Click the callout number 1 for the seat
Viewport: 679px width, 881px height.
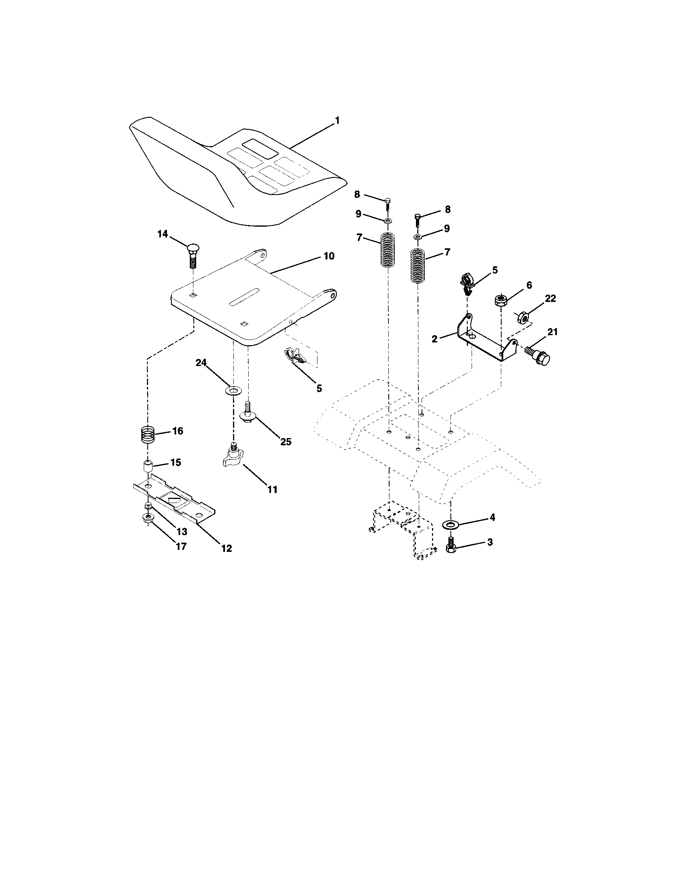337,121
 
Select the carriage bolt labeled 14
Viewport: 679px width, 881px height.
193,254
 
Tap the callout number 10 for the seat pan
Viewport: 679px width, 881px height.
329,256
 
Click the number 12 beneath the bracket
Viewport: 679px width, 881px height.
227,548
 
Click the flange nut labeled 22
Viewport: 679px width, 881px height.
523,318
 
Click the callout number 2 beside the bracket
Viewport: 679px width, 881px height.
434,339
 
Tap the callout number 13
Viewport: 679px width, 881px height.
182,532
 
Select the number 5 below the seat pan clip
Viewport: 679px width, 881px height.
319,388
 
